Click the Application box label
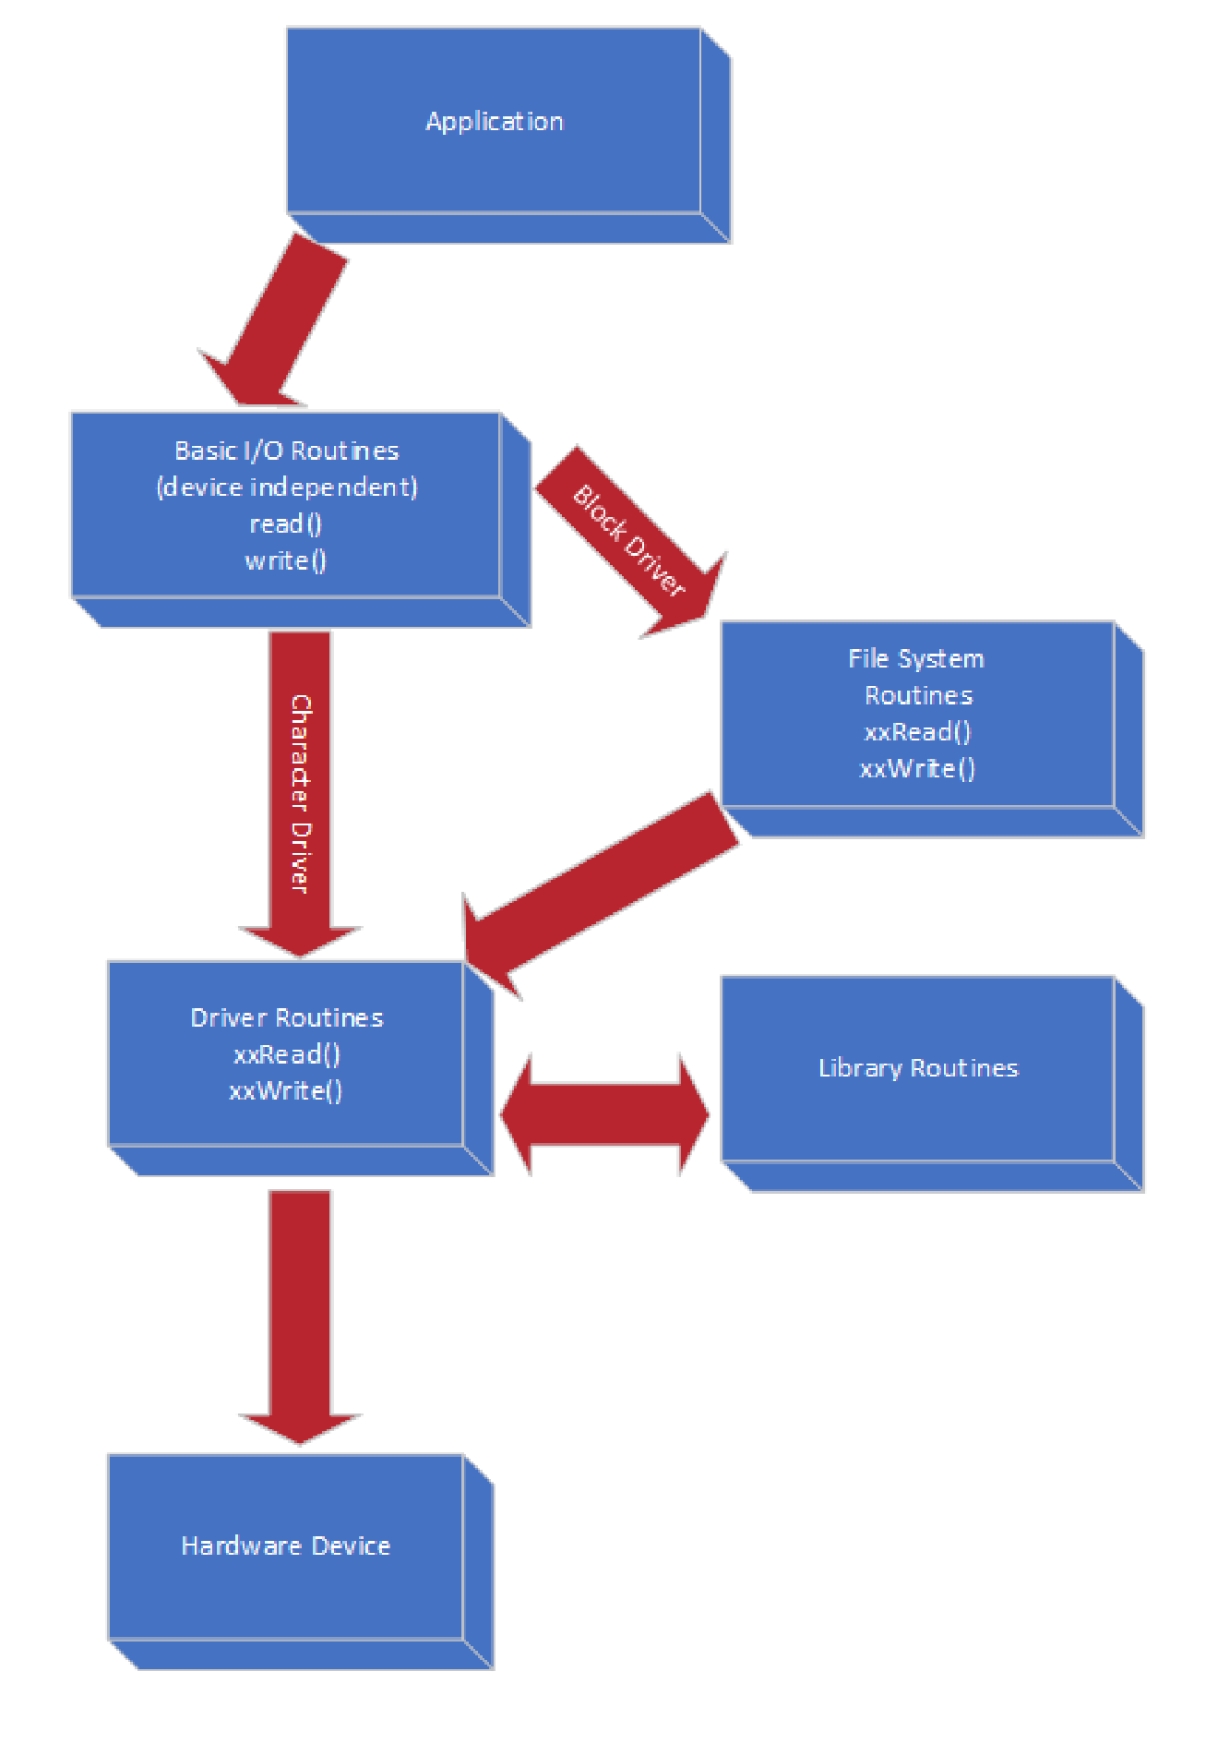coord(494,122)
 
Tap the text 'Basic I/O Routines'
coord(287,451)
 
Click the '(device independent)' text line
coord(287,487)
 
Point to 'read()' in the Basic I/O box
coord(286,523)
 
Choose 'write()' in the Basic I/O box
coord(286,560)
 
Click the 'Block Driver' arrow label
coord(629,541)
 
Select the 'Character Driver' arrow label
coord(301,794)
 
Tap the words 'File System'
coord(916,658)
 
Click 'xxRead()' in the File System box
coord(918,732)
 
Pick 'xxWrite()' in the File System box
coord(918,768)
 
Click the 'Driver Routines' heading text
coord(287,1017)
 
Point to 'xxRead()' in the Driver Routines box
coord(287,1054)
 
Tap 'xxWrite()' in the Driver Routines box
coord(286,1091)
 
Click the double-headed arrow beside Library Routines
coord(605,1114)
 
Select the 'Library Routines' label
coord(918,1068)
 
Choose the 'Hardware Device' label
coord(286,1546)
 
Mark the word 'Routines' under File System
coord(918,695)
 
